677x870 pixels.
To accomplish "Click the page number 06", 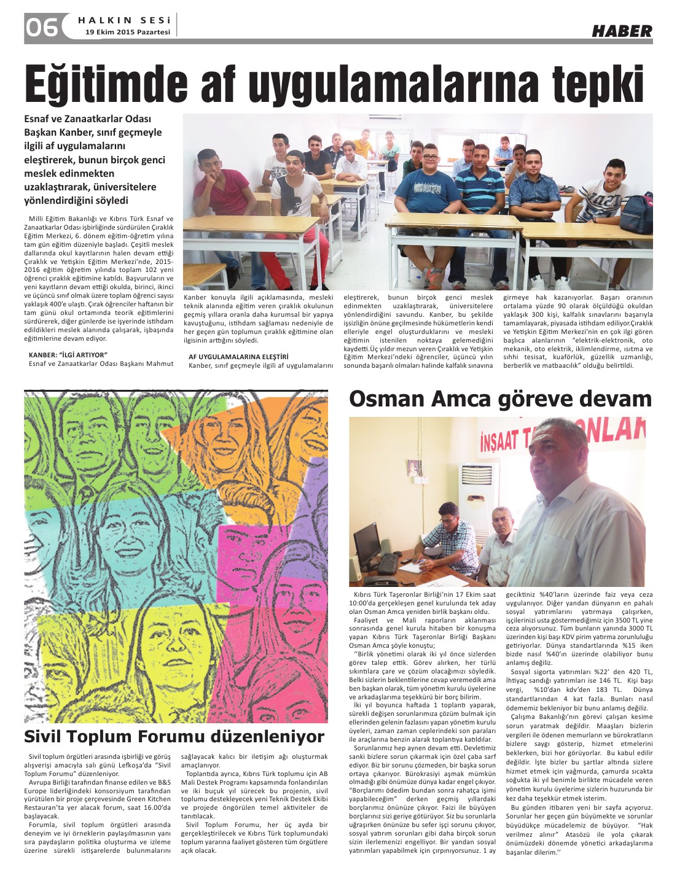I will [x=42, y=27].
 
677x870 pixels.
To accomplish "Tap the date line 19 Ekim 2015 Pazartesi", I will [x=128, y=32].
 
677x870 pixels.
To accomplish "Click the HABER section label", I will [x=622, y=31].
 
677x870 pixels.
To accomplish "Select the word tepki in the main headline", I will [x=598, y=85].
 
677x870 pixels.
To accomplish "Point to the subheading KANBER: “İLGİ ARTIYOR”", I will [x=68, y=354].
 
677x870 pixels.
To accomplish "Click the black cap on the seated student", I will [x=295, y=155].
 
